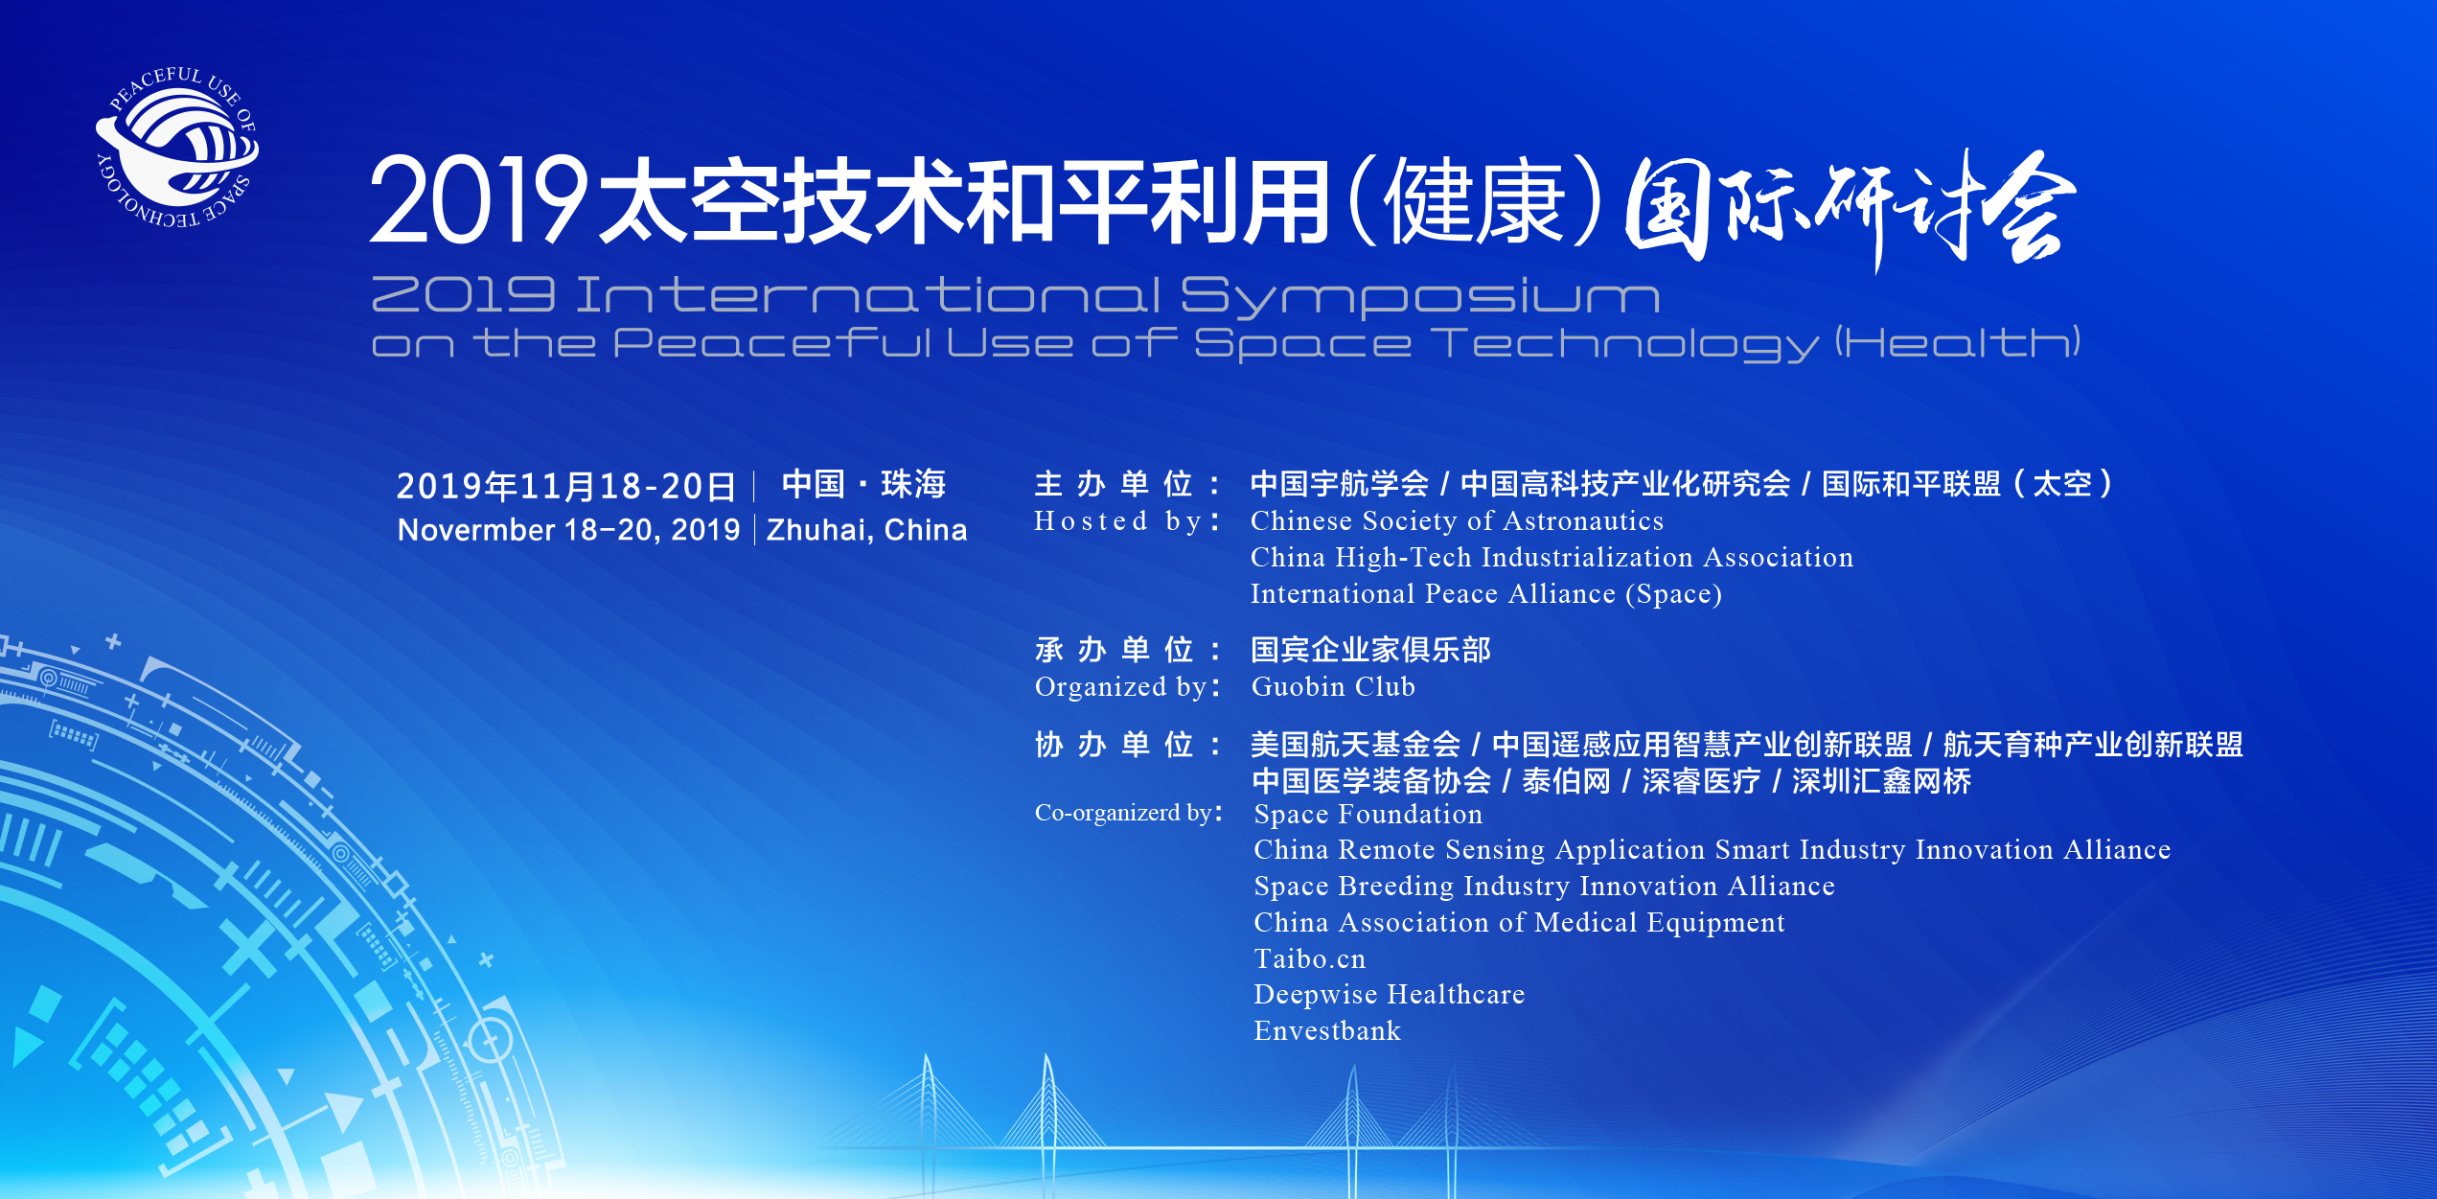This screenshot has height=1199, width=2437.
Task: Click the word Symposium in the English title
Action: (1419, 298)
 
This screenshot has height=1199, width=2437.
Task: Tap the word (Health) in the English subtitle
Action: (1958, 342)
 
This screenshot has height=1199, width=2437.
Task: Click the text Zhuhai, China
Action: (866, 530)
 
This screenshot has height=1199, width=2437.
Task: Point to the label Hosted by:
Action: (1127, 521)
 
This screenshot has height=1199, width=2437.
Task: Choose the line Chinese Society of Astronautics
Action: (1457, 521)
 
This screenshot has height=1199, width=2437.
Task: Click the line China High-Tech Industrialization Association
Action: (1552, 558)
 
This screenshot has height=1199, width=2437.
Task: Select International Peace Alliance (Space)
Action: (1486, 594)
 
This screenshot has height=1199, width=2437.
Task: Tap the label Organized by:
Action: (1128, 687)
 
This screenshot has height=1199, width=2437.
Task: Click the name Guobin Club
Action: (1333, 687)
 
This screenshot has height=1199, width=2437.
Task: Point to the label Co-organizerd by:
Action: (1129, 813)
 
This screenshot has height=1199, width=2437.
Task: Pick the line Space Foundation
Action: (1368, 815)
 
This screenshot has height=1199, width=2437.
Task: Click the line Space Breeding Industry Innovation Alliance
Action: (1545, 887)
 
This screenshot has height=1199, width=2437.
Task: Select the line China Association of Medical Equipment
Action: (1520, 923)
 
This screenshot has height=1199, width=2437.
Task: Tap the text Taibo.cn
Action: (1310, 959)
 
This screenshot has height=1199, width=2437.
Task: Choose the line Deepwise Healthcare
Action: (1390, 995)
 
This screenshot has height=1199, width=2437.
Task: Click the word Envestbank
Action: (1327, 1031)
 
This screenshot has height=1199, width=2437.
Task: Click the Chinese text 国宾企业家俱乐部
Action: (1370, 650)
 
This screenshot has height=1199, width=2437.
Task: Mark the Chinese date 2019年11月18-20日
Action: (566, 486)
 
